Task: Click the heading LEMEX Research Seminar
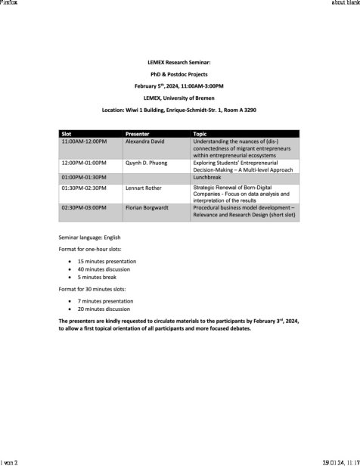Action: pyautogui.click(x=179, y=63)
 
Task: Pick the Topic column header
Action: pyautogui.click(x=201, y=134)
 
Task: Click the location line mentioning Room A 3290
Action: pyautogui.click(x=179, y=110)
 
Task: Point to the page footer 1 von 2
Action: pyautogui.click(x=12, y=461)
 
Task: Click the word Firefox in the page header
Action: pyautogui.click(x=11, y=4)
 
